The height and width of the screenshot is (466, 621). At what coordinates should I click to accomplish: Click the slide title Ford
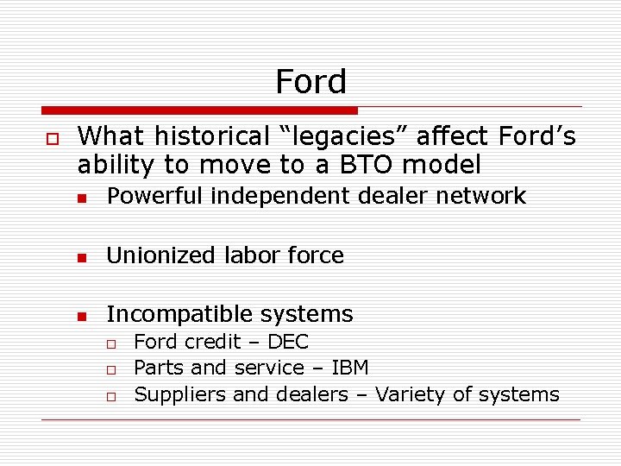(x=310, y=82)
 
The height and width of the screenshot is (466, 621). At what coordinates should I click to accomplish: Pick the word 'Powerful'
(x=155, y=196)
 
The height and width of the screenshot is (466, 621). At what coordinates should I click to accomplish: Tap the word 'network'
(x=480, y=196)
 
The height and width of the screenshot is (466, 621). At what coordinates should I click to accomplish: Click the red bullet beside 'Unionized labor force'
(x=82, y=257)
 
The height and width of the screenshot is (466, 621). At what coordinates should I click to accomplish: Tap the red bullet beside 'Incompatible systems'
(x=82, y=316)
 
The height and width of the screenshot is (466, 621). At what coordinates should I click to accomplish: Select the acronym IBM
(x=350, y=368)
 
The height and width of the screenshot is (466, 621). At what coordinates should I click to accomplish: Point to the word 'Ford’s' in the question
(x=536, y=136)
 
